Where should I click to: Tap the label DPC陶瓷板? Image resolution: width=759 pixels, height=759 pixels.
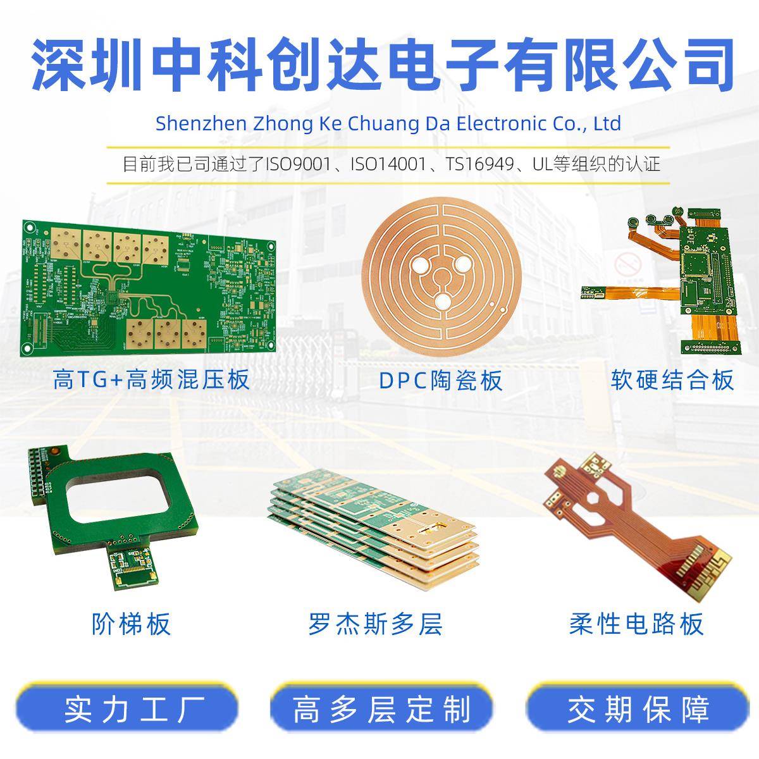click(x=441, y=381)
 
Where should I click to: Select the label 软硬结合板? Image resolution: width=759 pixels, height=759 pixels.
click(x=672, y=379)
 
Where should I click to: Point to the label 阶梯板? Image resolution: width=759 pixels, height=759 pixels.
click(x=131, y=623)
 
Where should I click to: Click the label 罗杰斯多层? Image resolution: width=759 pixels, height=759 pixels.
click(x=375, y=624)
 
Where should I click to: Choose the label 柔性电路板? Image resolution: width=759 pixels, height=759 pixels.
click(x=636, y=624)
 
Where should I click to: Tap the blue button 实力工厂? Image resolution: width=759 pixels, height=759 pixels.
click(x=126, y=709)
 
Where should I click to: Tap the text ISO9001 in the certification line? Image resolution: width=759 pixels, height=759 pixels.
click(x=298, y=164)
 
